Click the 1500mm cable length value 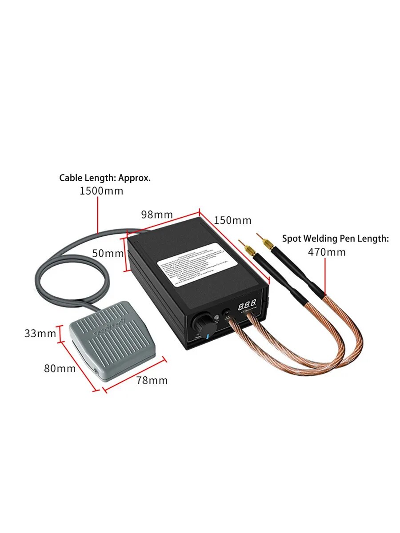(x=101, y=191)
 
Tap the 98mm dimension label (x=157, y=214)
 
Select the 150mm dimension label (x=232, y=220)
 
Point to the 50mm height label (x=107, y=253)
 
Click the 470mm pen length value (x=327, y=252)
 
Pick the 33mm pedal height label (x=40, y=333)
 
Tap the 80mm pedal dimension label (x=60, y=368)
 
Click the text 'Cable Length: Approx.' (x=105, y=178)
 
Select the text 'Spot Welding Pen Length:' (x=336, y=239)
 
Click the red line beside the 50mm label (x=125, y=254)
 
